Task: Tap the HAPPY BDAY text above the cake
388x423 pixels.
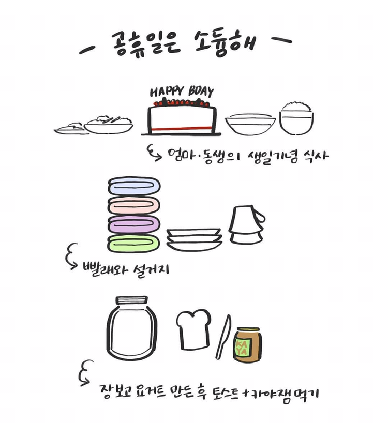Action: (x=182, y=92)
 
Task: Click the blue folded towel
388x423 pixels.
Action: (x=134, y=186)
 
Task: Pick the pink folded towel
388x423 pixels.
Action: (x=134, y=205)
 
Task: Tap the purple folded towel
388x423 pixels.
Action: (x=134, y=224)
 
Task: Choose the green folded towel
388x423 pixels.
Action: (x=133, y=244)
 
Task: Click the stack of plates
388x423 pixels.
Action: (x=194, y=239)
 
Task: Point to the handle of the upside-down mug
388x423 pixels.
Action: (x=260, y=216)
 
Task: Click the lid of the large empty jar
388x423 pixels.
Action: (x=132, y=300)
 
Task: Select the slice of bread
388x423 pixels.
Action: (x=193, y=329)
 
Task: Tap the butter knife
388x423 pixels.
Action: (x=223, y=337)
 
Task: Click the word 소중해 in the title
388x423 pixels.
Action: (x=226, y=43)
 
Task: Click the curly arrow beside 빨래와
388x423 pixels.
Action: (x=71, y=256)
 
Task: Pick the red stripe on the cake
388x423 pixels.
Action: (x=181, y=128)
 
